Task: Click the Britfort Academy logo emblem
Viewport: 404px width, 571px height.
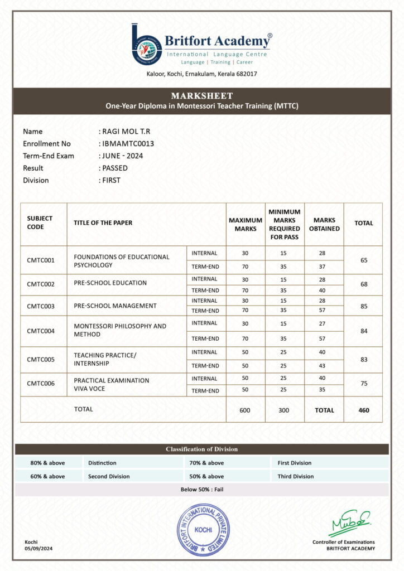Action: pyautogui.click(x=147, y=44)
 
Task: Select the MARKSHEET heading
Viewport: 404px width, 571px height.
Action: pyautogui.click(x=202, y=96)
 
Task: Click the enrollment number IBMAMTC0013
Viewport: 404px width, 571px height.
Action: pyautogui.click(x=128, y=144)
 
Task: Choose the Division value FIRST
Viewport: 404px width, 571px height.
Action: pyautogui.click(x=111, y=180)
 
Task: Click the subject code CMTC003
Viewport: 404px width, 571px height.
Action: pyautogui.click(x=41, y=306)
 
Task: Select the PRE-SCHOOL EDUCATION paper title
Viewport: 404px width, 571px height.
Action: pyautogui.click(x=110, y=283)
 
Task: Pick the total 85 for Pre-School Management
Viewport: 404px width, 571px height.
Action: pyautogui.click(x=363, y=306)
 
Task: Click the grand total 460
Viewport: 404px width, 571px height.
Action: pyautogui.click(x=363, y=410)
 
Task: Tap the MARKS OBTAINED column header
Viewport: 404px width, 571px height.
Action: pyautogui.click(x=324, y=224)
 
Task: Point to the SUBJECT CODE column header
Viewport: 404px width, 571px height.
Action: pyautogui.click(x=40, y=222)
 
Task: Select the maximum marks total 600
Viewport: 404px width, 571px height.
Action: pyautogui.click(x=246, y=410)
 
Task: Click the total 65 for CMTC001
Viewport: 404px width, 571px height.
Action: pyautogui.click(x=363, y=260)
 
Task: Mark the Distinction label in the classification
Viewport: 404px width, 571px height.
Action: pyautogui.click(x=102, y=463)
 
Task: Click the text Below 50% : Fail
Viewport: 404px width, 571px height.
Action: pyautogui.click(x=201, y=490)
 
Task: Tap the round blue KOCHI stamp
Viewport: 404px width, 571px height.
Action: pyautogui.click(x=203, y=530)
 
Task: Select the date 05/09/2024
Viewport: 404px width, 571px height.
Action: pyautogui.click(x=39, y=549)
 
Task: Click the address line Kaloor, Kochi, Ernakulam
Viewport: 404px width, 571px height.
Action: pyautogui.click(x=202, y=74)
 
